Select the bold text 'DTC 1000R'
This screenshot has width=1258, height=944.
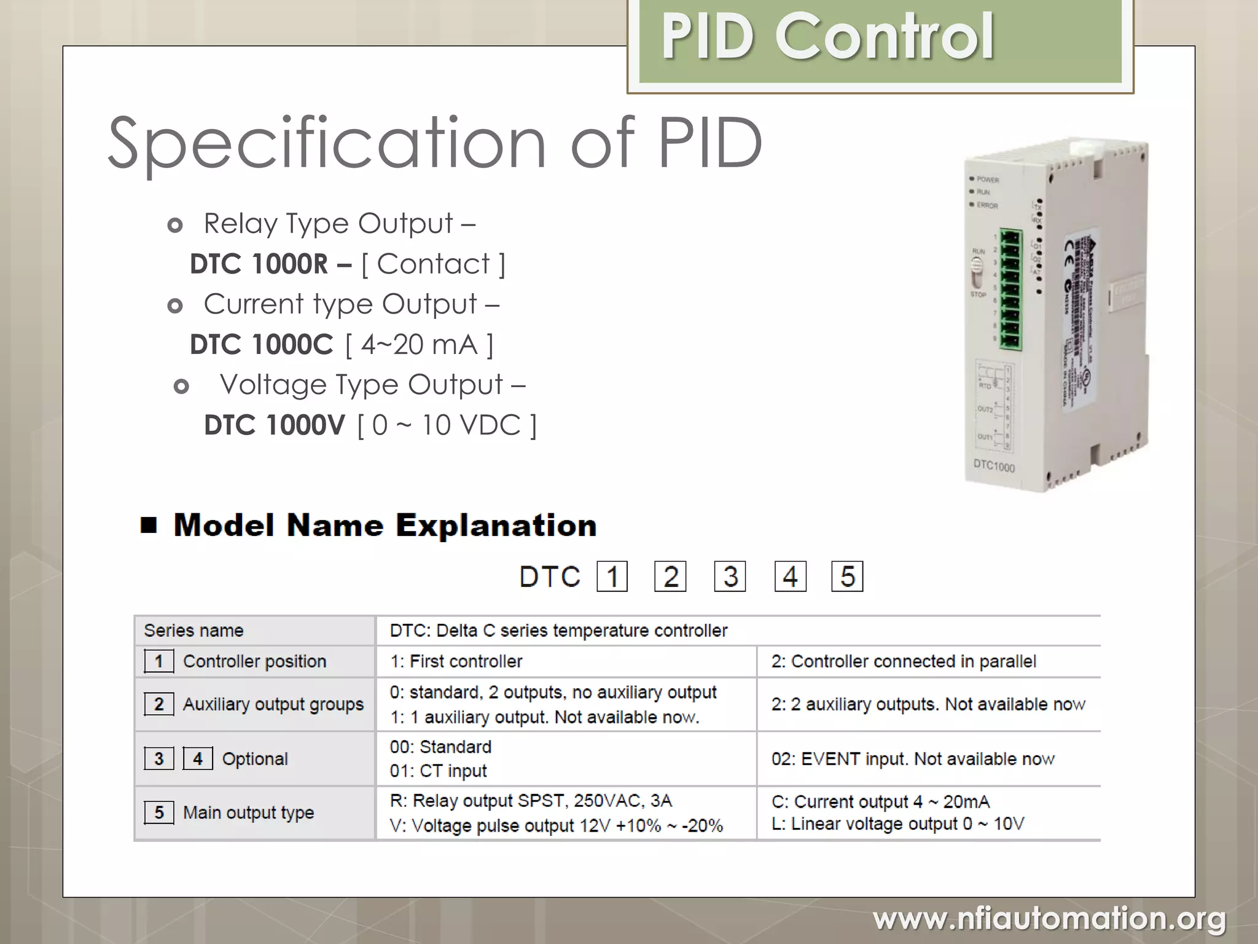coord(259,264)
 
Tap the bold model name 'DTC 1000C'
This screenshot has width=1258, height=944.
coord(261,345)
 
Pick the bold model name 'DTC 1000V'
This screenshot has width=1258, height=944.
coord(275,425)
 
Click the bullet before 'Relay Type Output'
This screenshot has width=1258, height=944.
coord(175,226)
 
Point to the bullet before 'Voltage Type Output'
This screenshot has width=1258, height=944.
coord(181,387)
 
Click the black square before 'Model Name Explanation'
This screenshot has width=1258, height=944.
coord(149,525)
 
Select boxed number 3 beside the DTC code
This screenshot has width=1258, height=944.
coord(730,576)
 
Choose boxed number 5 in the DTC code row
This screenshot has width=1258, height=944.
coord(847,576)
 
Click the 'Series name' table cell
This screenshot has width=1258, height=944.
coord(193,631)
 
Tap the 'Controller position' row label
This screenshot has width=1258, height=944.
coord(254,661)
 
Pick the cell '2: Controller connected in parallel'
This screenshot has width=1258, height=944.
coord(904,661)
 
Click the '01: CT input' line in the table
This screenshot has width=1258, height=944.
coord(438,771)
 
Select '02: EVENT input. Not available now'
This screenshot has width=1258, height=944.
coord(913,759)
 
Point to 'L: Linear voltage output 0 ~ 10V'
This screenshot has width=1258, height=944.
coord(897,824)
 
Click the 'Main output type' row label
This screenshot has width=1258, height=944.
coord(248,812)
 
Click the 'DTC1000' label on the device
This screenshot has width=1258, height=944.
coord(994,466)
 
